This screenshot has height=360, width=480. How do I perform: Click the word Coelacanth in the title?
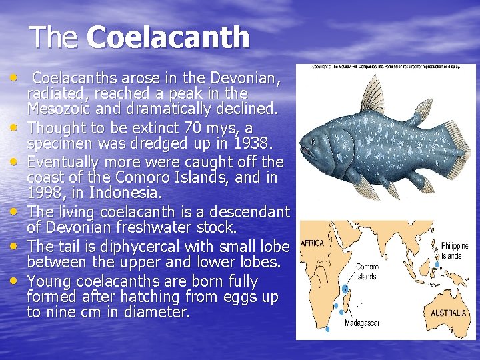pyautogui.click(x=168, y=37)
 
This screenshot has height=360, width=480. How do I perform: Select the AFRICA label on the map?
pyautogui.click(x=313, y=243)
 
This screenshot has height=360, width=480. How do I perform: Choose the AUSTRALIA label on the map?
pyautogui.click(x=448, y=313)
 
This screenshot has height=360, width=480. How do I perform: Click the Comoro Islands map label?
pyautogui.click(x=366, y=271)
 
